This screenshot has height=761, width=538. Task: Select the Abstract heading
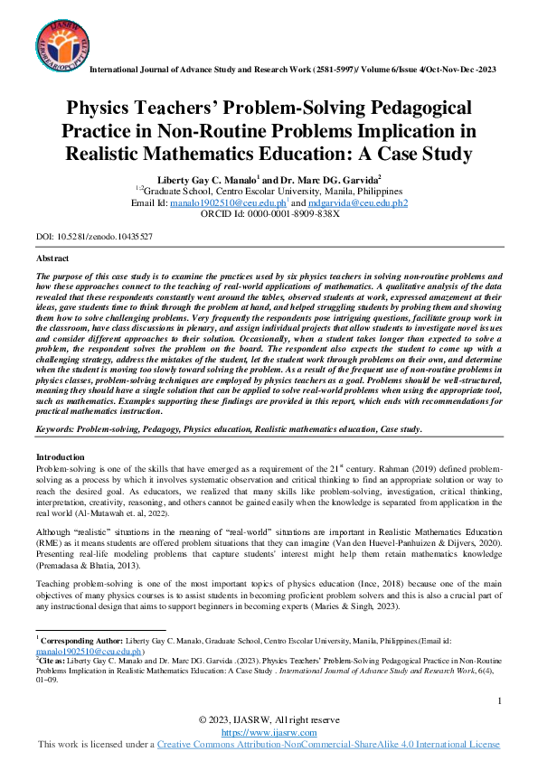[52, 258]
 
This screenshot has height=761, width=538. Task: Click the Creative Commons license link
[328, 744]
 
